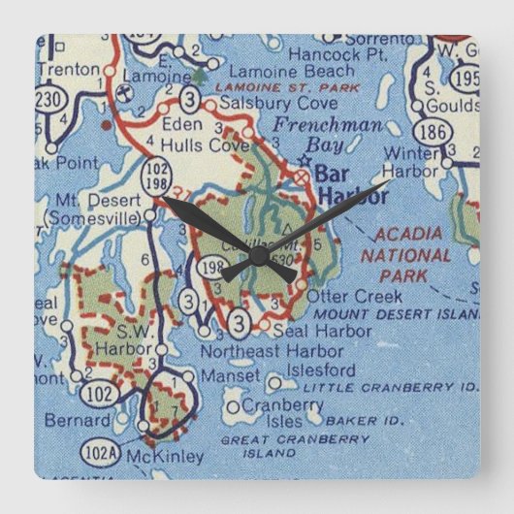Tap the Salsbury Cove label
(x=266, y=101)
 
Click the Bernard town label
(x=77, y=421)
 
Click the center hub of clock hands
(x=258, y=255)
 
